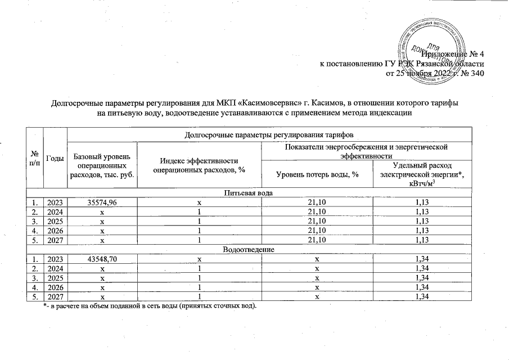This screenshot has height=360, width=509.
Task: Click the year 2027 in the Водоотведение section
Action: click(55, 296)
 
